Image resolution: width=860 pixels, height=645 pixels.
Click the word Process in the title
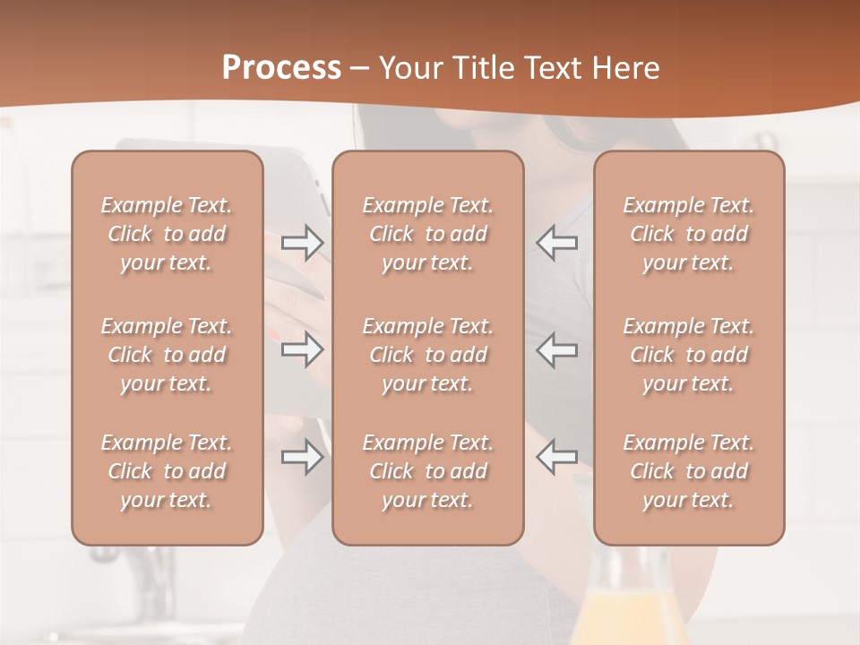click(281, 68)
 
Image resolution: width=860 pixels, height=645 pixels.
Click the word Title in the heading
click(485, 68)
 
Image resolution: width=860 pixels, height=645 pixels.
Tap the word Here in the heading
click(626, 68)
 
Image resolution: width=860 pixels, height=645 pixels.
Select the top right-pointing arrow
click(303, 243)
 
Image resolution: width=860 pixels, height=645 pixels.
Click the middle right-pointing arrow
click(303, 349)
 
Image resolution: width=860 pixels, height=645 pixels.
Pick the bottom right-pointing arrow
click(303, 457)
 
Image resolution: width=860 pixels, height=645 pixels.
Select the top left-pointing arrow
click(557, 243)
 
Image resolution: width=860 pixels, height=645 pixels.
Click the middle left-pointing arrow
click(557, 349)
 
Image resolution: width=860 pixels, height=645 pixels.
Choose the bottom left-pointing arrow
click(557, 457)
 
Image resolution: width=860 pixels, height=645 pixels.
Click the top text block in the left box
click(167, 234)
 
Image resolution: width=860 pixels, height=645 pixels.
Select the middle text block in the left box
click(167, 355)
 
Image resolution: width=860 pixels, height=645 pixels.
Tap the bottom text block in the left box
click(167, 471)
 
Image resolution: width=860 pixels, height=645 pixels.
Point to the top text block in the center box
click(427, 234)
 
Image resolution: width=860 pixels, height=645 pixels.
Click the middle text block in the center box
click(427, 355)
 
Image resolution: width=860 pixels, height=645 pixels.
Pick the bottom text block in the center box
click(427, 471)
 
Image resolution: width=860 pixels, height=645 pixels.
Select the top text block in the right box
click(688, 234)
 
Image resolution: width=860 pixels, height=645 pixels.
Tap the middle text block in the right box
click(688, 355)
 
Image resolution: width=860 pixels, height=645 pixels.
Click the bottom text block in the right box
click(688, 471)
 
